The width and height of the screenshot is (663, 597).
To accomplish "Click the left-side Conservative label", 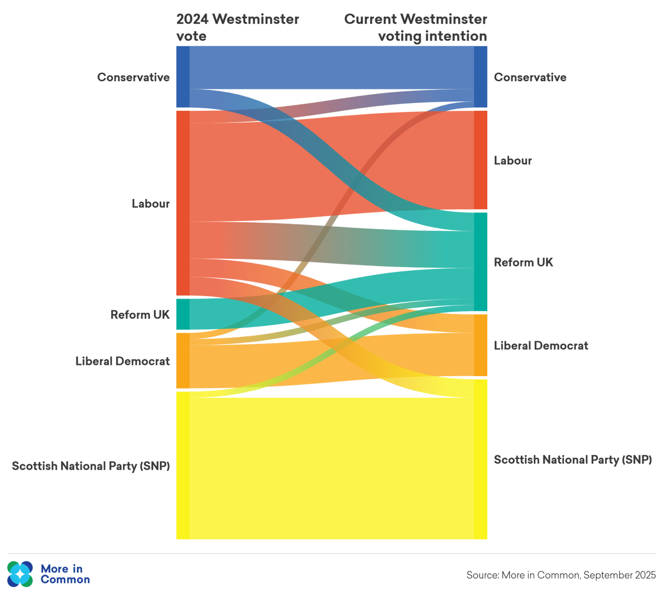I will [x=133, y=77].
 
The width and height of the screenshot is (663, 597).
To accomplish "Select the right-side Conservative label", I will [x=530, y=77].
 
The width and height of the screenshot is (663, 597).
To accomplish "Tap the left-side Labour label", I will [x=150, y=204].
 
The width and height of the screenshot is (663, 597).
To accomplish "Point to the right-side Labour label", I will [x=513, y=161].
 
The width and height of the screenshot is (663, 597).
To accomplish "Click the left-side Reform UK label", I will [x=140, y=314].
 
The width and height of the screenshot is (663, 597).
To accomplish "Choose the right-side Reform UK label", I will [x=523, y=262].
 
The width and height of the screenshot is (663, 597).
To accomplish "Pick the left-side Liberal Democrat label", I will [x=123, y=361].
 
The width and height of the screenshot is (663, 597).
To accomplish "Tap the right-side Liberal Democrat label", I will [x=541, y=345].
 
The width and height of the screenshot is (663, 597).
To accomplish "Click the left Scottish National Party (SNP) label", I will [x=91, y=466].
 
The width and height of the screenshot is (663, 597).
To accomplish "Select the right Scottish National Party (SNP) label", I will [x=572, y=460].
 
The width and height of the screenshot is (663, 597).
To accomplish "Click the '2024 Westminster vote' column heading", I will [x=237, y=27].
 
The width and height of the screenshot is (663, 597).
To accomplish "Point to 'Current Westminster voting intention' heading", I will [x=416, y=27].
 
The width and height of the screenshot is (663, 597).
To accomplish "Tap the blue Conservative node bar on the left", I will [x=183, y=76].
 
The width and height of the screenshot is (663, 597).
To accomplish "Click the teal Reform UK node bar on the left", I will [x=183, y=314].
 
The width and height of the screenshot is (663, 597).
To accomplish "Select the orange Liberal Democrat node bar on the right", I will [x=481, y=345].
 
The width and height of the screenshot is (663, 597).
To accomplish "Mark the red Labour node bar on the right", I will [x=481, y=160].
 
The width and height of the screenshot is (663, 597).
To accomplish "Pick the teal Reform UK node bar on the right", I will [x=481, y=262].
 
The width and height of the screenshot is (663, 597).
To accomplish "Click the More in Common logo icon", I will [x=20, y=573].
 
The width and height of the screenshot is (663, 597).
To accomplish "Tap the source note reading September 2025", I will [x=561, y=574].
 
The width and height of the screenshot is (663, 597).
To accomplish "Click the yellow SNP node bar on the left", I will [x=183, y=465].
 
